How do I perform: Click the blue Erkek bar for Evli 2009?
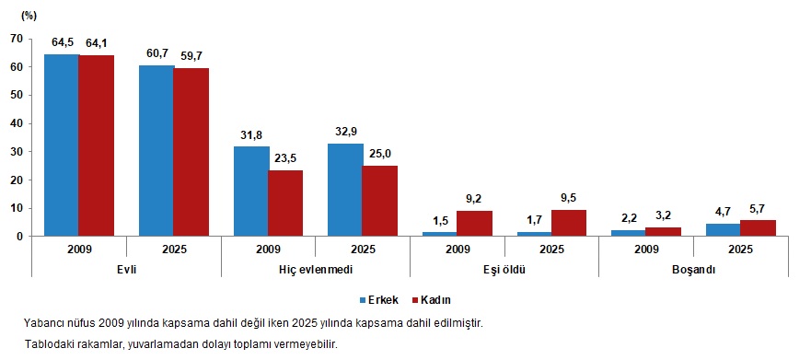click(61, 145)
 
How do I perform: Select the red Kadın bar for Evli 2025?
click(191, 152)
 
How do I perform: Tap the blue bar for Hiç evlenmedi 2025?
click(345, 190)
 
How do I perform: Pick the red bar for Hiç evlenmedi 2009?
click(285, 203)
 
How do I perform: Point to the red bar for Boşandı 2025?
click(757, 227)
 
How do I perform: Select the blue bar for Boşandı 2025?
click(723, 229)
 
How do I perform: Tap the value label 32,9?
click(345, 131)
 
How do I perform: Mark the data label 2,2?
click(628, 217)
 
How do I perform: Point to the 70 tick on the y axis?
click(15, 38)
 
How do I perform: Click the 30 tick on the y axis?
click(15, 151)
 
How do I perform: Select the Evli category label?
click(125, 271)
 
